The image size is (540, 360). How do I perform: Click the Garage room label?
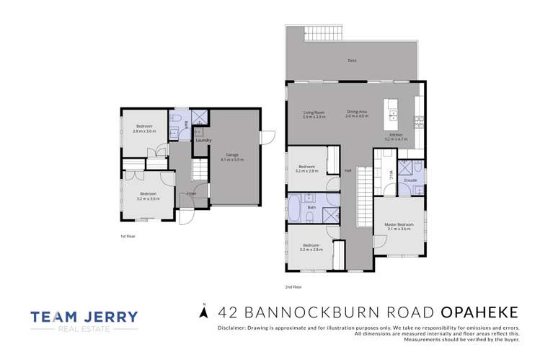tap(232, 154)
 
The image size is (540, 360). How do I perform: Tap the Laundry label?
tap(203, 140)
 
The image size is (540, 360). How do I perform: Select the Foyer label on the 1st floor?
tap(191, 194)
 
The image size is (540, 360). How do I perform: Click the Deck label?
tap(352, 61)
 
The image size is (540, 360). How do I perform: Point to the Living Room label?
tap(314, 112)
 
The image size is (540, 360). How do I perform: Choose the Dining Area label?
tap(357, 112)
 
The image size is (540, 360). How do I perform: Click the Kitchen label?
tap(397, 135)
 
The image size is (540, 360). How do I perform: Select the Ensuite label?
tap(411, 179)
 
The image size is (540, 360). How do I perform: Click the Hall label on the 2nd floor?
tap(348, 171)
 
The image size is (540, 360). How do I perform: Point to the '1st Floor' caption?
tap(128, 236)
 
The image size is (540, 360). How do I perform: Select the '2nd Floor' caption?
tap(293, 287)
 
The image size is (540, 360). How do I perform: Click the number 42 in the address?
tap(225, 312)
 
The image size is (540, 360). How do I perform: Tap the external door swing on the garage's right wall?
tap(267, 138)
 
